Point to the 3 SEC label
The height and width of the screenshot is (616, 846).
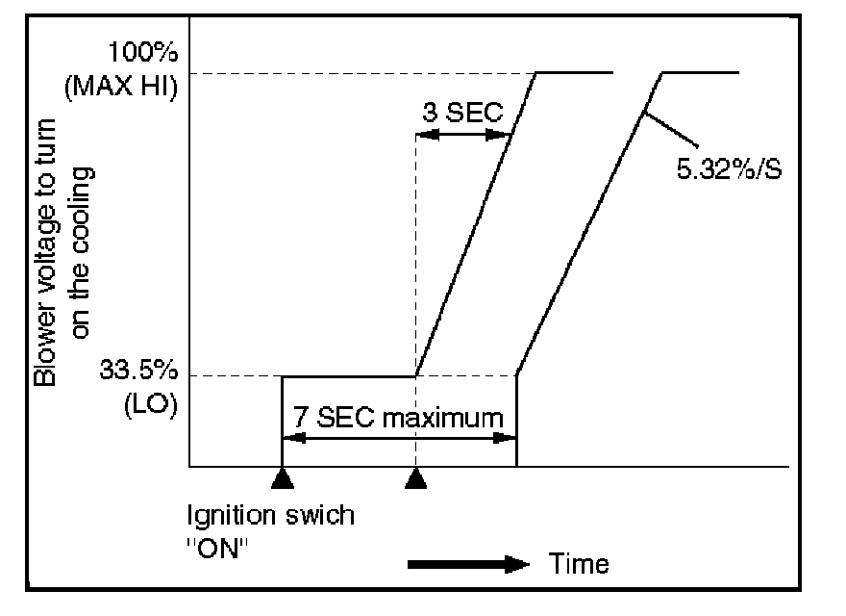pyautogui.click(x=463, y=112)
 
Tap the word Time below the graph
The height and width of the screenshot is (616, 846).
pyautogui.click(x=579, y=563)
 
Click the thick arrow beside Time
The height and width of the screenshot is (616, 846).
pyautogui.click(x=468, y=564)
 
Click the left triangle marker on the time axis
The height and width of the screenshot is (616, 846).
pyautogui.click(x=281, y=477)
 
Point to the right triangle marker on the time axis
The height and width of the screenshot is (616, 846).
pyautogui.click(x=415, y=477)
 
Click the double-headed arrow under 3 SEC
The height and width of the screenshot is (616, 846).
pyautogui.click(x=462, y=135)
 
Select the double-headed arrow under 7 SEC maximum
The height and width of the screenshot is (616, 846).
pyautogui.click(x=398, y=438)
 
